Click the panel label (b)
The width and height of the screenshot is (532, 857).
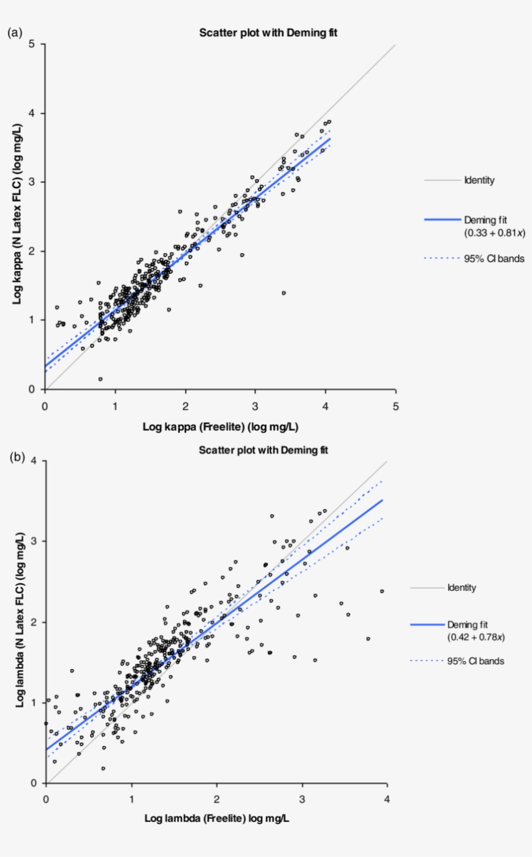(x=17, y=457)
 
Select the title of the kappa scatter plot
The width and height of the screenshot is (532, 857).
(x=268, y=33)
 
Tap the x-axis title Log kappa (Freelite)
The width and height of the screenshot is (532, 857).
(x=220, y=426)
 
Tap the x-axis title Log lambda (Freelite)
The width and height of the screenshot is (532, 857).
(x=217, y=819)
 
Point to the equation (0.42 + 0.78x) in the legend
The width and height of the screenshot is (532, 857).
(x=476, y=637)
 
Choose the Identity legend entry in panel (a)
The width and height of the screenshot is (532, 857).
(x=479, y=180)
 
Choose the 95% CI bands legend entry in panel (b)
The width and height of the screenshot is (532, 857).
(x=476, y=661)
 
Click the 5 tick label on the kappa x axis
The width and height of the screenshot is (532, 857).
(x=396, y=405)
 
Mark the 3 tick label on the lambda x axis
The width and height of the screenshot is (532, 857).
(x=302, y=799)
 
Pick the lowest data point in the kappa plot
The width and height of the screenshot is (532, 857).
(x=101, y=379)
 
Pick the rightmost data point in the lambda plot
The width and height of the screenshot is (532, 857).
(x=381, y=591)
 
